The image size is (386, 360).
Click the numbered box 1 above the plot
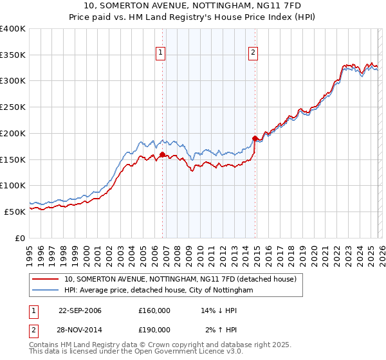(x=160, y=53)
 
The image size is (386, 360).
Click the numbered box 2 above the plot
(x=253, y=53)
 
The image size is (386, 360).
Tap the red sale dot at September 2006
(x=162, y=154)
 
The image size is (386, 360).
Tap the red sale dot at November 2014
(x=255, y=138)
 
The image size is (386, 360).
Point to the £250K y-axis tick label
(x=13, y=107)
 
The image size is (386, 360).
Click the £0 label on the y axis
(x=19, y=238)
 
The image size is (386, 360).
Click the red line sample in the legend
(x=45, y=280)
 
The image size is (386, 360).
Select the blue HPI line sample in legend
(x=45, y=291)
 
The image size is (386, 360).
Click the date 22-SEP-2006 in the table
(x=80, y=310)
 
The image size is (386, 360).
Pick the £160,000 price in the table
(x=154, y=310)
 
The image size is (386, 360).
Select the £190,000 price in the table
(x=154, y=330)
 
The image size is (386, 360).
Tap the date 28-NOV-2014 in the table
(x=80, y=330)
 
